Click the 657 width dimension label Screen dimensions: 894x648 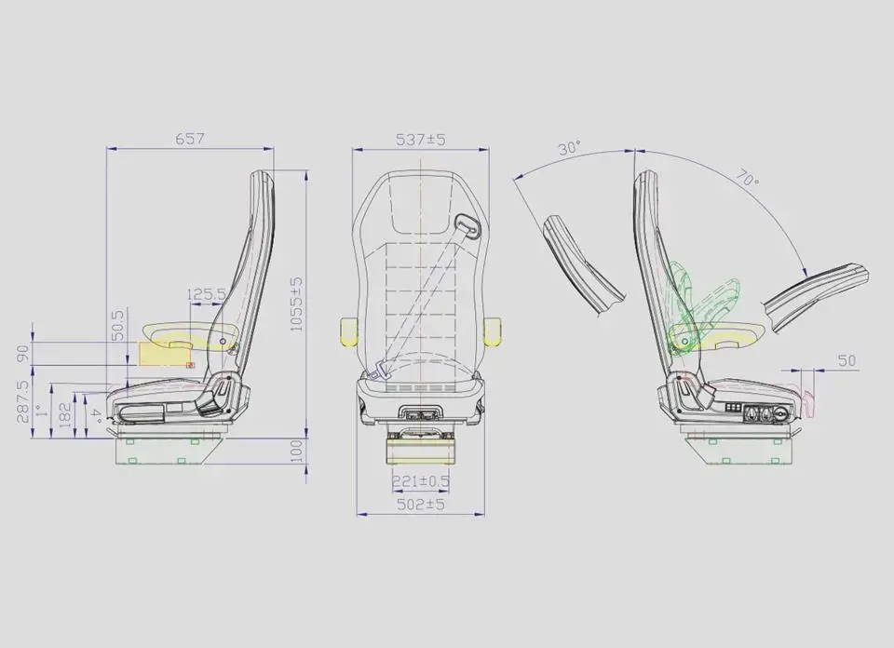tap(189, 139)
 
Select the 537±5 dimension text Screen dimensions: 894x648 tap(420, 139)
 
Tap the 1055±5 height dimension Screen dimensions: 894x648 tap(296, 304)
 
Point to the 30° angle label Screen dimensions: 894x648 tap(570, 148)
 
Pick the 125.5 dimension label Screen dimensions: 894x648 tap(207, 294)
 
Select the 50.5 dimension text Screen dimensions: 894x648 tap(117, 325)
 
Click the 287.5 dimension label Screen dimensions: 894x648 tap(22, 401)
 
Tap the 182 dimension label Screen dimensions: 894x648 tap(64, 415)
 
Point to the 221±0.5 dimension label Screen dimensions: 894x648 tap(421, 481)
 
